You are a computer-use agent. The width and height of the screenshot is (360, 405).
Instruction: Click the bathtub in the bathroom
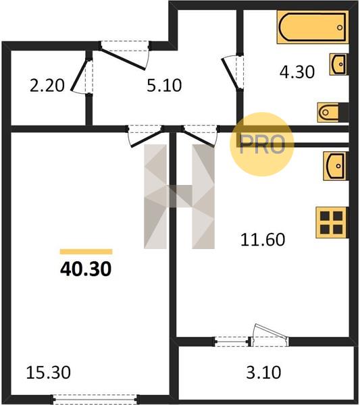(x=313, y=27)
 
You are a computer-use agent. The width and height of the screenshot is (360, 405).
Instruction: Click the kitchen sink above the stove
(x=335, y=166)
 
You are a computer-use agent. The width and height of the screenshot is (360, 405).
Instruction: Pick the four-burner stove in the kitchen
(x=332, y=222)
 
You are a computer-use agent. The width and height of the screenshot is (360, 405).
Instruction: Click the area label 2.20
(x=47, y=86)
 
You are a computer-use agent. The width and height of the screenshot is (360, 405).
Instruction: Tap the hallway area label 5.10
(x=164, y=86)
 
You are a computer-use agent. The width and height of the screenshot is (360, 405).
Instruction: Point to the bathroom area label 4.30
(x=297, y=72)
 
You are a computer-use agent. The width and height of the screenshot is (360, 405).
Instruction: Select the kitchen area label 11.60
(x=263, y=240)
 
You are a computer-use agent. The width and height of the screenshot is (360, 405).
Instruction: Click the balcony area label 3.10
(x=263, y=373)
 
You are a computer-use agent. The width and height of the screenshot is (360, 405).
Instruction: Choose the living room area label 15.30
(x=49, y=373)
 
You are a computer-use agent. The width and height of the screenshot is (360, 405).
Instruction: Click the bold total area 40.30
(x=86, y=269)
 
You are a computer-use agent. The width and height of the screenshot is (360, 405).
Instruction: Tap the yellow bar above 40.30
(x=86, y=252)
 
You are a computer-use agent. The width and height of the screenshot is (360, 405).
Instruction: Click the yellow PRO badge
(x=262, y=144)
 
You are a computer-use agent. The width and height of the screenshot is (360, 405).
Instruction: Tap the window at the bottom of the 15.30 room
(x=96, y=399)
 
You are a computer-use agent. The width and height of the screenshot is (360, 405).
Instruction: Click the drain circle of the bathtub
(x=340, y=28)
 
